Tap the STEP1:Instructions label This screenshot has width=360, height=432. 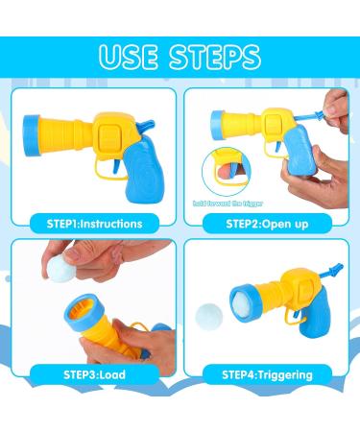[x=95, y=224]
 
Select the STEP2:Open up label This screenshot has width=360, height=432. [x=268, y=224]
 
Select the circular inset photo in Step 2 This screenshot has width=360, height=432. [x=224, y=173]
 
